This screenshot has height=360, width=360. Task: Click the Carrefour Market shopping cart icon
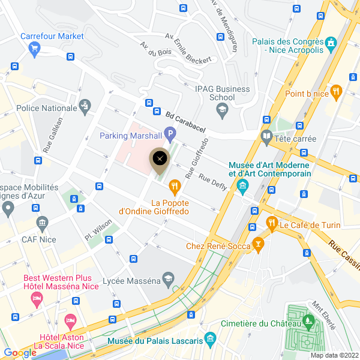click(x=34, y=48)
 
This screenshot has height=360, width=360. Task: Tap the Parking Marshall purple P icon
click(x=170, y=135)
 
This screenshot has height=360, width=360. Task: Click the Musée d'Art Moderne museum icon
click(x=242, y=185)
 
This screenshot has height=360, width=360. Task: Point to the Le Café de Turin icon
click(x=271, y=224)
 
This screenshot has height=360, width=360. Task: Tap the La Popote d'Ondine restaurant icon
click(x=175, y=187)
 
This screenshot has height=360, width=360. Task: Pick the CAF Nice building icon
click(x=43, y=224)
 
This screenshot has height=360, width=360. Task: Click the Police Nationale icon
click(x=86, y=107)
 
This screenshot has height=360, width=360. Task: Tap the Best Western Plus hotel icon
click(x=37, y=298)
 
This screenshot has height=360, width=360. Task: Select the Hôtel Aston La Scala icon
click(x=71, y=322)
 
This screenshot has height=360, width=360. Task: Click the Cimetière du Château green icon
click(x=310, y=322)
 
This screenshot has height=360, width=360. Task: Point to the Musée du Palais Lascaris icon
click(x=209, y=339)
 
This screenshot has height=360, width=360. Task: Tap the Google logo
click(x=20, y=353)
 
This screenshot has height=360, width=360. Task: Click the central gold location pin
click(x=160, y=160)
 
